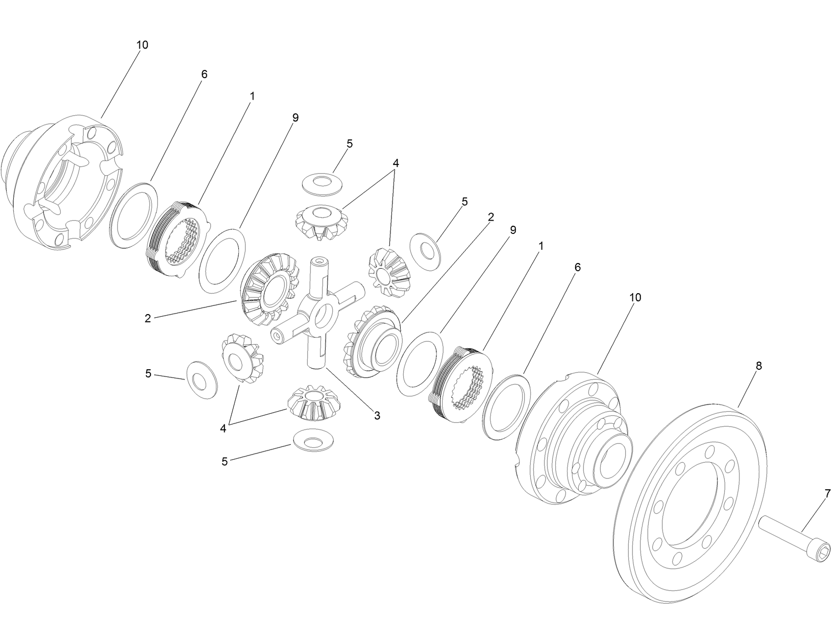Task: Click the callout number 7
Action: click(x=827, y=493)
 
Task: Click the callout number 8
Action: click(x=758, y=366)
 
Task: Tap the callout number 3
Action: click(x=377, y=416)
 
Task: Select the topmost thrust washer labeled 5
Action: click(x=323, y=184)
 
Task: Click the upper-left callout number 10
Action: click(x=142, y=45)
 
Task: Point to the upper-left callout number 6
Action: click(x=204, y=75)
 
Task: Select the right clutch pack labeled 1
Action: click(x=462, y=381)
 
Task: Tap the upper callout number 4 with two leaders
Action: click(x=396, y=163)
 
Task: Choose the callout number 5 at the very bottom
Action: click(x=225, y=462)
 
